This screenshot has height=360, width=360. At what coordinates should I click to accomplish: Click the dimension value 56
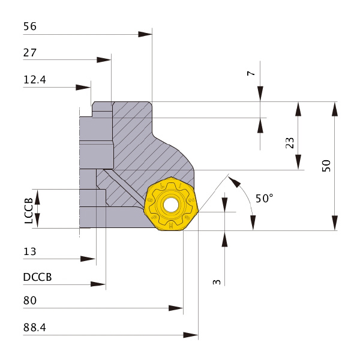pyautogui.click(x=30, y=26)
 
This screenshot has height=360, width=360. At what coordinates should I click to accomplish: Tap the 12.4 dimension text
pyautogui.click(x=35, y=79)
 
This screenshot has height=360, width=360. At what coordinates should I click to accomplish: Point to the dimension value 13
pyautogui.click(x=30, y=251)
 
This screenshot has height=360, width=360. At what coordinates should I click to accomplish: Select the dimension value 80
pyautogui.click(x=30, y=301)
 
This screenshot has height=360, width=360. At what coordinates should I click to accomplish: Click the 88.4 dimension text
pyautogui.click(x=35, y=328)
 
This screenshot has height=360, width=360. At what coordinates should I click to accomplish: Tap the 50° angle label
pyautogui.click(x=264, y=199)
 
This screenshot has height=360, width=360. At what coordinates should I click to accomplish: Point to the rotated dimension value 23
pyautogui.click(x=290, y=143)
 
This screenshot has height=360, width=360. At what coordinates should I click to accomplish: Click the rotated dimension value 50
pyautogui.click(x=326, y=166)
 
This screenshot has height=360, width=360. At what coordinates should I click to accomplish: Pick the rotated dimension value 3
pyautogui.click(x=217, y=281)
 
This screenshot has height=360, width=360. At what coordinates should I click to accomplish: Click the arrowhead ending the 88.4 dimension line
pyautogui.click(x=191, y=335)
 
